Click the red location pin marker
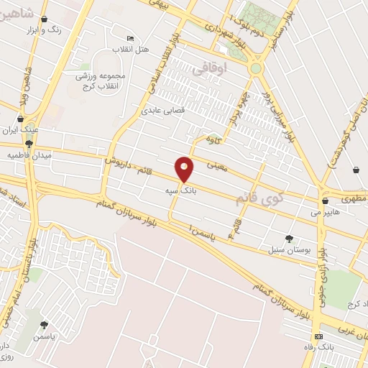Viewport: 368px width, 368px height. click(185, 169)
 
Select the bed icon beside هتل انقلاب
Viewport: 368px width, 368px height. click(130, 38)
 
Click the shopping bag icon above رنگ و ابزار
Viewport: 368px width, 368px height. click(46, 20)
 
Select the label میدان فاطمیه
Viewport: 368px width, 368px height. click(27, 155)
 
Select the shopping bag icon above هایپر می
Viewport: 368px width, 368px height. click(325, 201)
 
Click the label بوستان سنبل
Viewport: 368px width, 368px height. click(289, 248)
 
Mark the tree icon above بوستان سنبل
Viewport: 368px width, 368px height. click(289, 238)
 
